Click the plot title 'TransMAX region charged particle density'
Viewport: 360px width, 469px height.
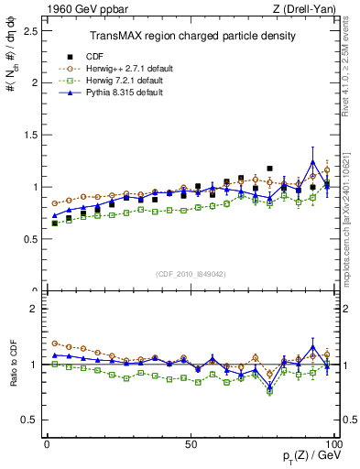click(x=191, y=36)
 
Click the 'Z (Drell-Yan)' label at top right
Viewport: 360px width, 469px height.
click(x=310, y=8)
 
